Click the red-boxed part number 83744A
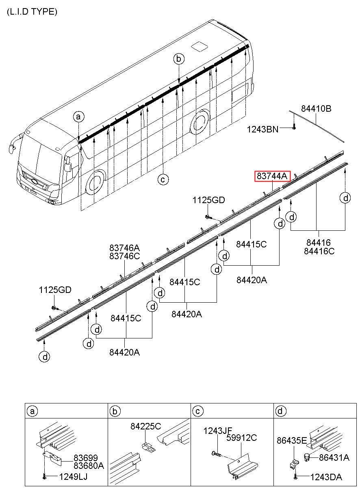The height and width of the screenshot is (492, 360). pos(272,176)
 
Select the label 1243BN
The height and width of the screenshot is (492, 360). pos(262,130)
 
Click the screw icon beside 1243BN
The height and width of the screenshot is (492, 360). pos(294,128)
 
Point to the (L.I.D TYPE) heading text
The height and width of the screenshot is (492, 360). pos(32,12)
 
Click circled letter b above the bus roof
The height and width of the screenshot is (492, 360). pos(178,59)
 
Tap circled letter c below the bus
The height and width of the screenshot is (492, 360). pos(163,179)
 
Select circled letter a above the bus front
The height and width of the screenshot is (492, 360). pos(79,117)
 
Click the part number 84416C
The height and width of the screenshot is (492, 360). pos(319,251)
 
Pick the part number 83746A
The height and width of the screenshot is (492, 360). pos(124,247)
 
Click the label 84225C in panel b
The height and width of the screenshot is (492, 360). pos(146,426)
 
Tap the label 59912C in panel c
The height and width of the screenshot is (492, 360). pos(242,438)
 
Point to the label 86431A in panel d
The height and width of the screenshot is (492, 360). pos(334,457)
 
